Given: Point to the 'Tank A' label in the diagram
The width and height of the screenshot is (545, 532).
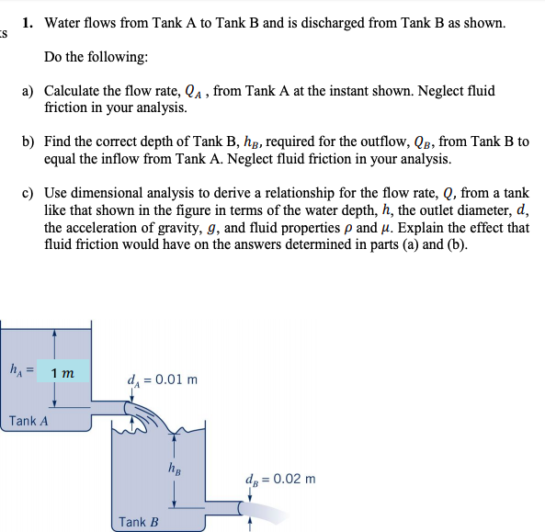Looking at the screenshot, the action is pos(28,421).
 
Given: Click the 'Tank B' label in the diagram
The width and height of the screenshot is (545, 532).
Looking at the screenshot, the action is pos(139,522).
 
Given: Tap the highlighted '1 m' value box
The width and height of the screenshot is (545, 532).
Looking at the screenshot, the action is pos(62,371).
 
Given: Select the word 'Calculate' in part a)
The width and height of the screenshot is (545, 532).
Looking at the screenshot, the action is pos(78,91).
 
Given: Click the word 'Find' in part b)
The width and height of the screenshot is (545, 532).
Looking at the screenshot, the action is pos(59,141).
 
